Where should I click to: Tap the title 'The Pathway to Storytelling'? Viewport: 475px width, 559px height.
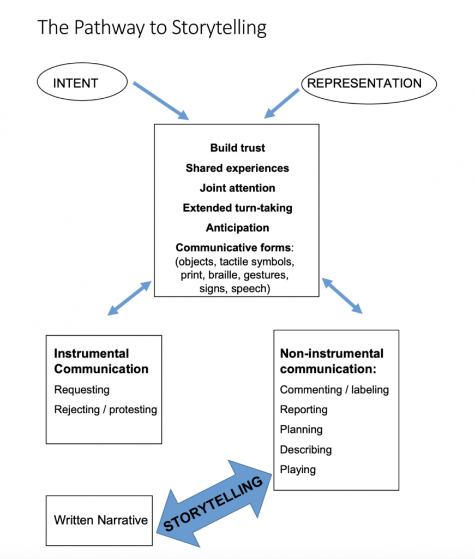(152, 27)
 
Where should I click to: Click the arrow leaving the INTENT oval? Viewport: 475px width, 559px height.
(161, 101)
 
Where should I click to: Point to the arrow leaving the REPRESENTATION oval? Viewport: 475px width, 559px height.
(282, 103)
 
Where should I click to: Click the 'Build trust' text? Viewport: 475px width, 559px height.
(237, 148)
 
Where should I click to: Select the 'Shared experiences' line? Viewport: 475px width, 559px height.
(237, 168)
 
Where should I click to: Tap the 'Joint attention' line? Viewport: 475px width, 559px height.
(237, 188)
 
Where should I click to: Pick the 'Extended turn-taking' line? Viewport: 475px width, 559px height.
(237, 208)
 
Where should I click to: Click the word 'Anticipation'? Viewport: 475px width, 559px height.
(237, 228)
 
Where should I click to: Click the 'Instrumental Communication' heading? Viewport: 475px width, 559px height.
(101, 361)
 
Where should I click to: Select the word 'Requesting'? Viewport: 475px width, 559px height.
(82, 390)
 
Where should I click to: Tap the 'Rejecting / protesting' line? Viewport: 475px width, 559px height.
(105, 409)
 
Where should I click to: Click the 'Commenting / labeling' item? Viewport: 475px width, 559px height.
(334, 390)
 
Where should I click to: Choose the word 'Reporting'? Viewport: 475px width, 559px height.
(304, 409)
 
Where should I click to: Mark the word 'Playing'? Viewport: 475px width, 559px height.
(298, 469)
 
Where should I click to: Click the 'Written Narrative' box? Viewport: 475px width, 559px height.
(100, 520)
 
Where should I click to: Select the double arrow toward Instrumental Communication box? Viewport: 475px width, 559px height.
(129, 298)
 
